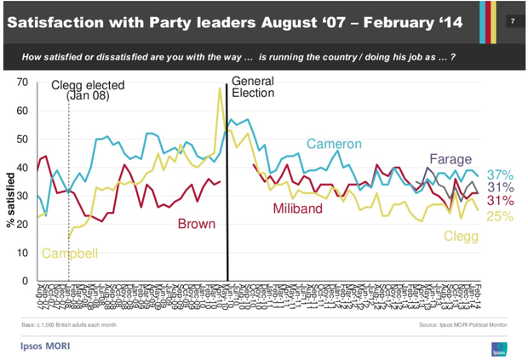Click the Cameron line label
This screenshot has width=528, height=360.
click(335, 143)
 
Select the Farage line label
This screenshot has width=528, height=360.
click(451, 159)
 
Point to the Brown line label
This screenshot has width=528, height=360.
click(197, 225)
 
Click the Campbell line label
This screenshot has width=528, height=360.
click(71, 254)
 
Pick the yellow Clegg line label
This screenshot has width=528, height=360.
click(463, 236)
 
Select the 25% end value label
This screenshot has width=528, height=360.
click(500, 216)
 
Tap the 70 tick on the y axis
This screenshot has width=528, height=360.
click(22, 83)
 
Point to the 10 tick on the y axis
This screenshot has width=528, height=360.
click(22, 253)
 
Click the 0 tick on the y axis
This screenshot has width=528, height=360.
click(26, 281)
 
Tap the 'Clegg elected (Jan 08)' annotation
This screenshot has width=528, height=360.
click(89, 89)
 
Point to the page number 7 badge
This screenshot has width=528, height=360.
click(511, 20)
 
